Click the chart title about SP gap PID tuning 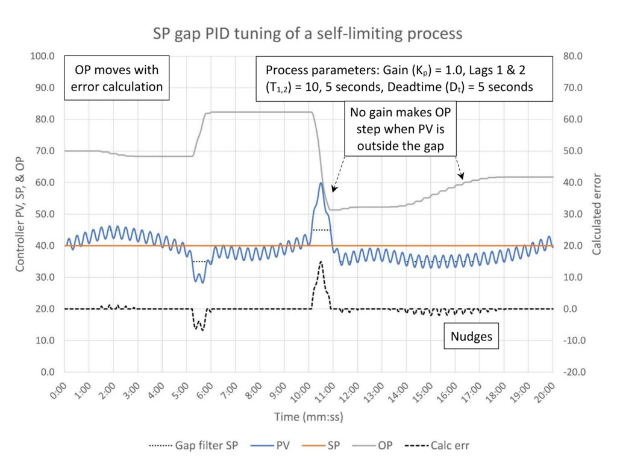307,34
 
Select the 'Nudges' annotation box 471,336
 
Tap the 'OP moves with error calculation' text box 117,78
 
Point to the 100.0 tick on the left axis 43,56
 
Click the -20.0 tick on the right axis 574,372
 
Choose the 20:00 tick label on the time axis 545,392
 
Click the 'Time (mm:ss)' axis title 309,416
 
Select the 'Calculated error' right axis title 597,214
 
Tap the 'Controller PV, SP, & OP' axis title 20,214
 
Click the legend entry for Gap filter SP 193,445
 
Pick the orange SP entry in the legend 321,445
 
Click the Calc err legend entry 437,445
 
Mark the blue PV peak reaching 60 321,183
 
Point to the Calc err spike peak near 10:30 321,262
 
